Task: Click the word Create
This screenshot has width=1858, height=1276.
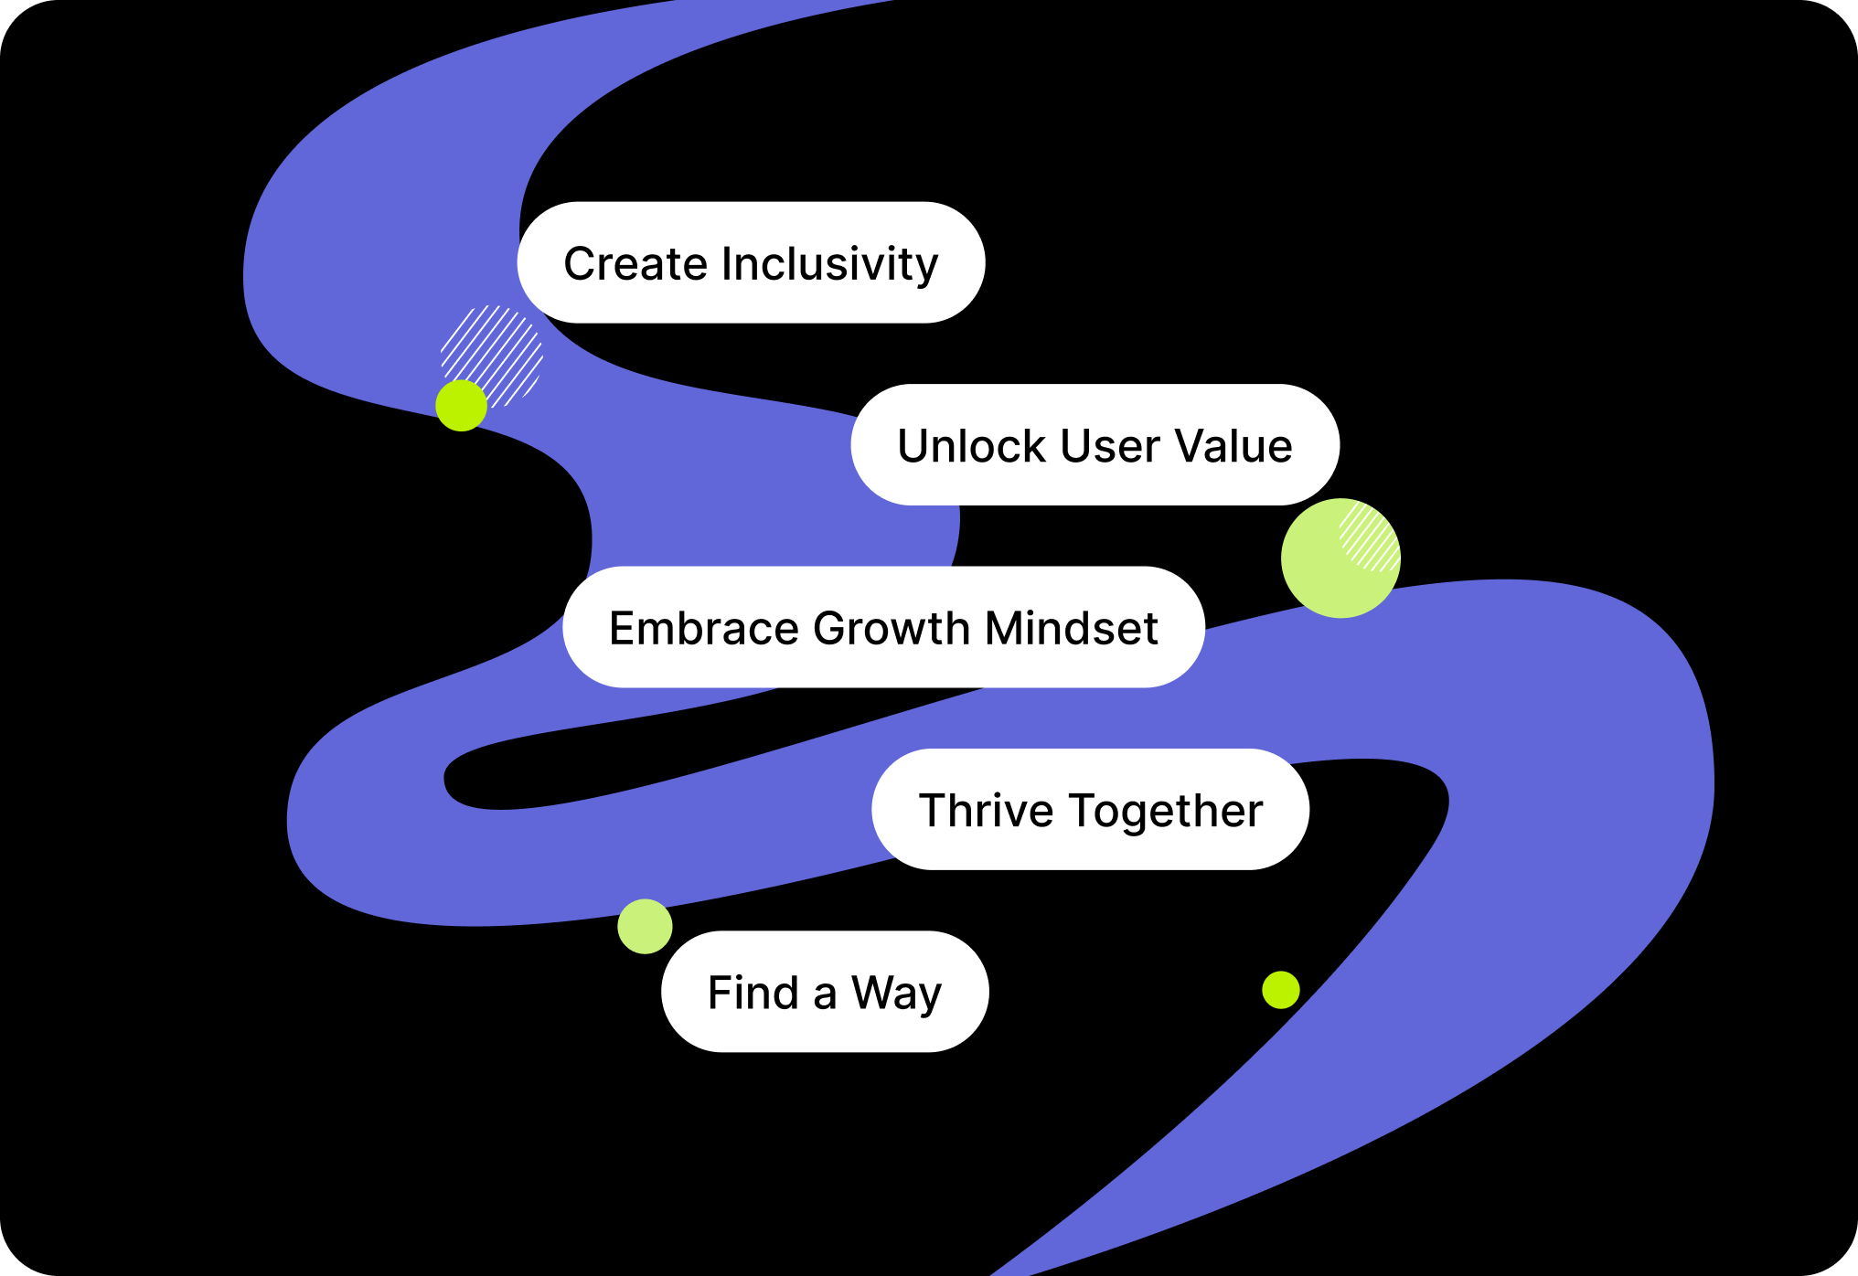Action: (636, 264)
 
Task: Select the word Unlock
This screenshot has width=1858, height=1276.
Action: (971, 446)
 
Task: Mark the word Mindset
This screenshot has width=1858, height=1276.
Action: (1072, 629)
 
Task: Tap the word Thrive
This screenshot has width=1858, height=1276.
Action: (986, 811)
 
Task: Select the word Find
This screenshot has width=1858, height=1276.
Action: (753, 993)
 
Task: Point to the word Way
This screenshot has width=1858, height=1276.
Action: (896, 994)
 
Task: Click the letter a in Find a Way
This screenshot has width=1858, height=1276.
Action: (825, 995)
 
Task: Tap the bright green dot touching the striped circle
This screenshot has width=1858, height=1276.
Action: (461, 406)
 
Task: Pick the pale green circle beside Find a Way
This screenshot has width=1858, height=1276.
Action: (645, 926)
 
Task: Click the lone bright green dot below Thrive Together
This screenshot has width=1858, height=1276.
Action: (1280, 990)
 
